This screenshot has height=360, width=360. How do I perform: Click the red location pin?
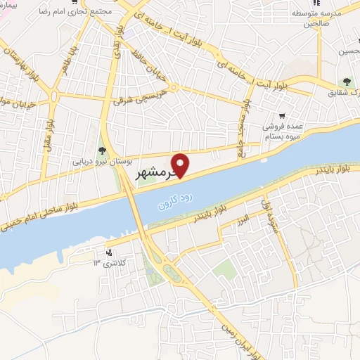point(181,164)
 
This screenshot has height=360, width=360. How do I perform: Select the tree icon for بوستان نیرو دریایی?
point(102,149)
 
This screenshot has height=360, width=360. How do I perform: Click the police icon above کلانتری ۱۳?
point(108,252)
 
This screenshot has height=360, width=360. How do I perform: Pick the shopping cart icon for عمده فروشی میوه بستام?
point(281,116)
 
